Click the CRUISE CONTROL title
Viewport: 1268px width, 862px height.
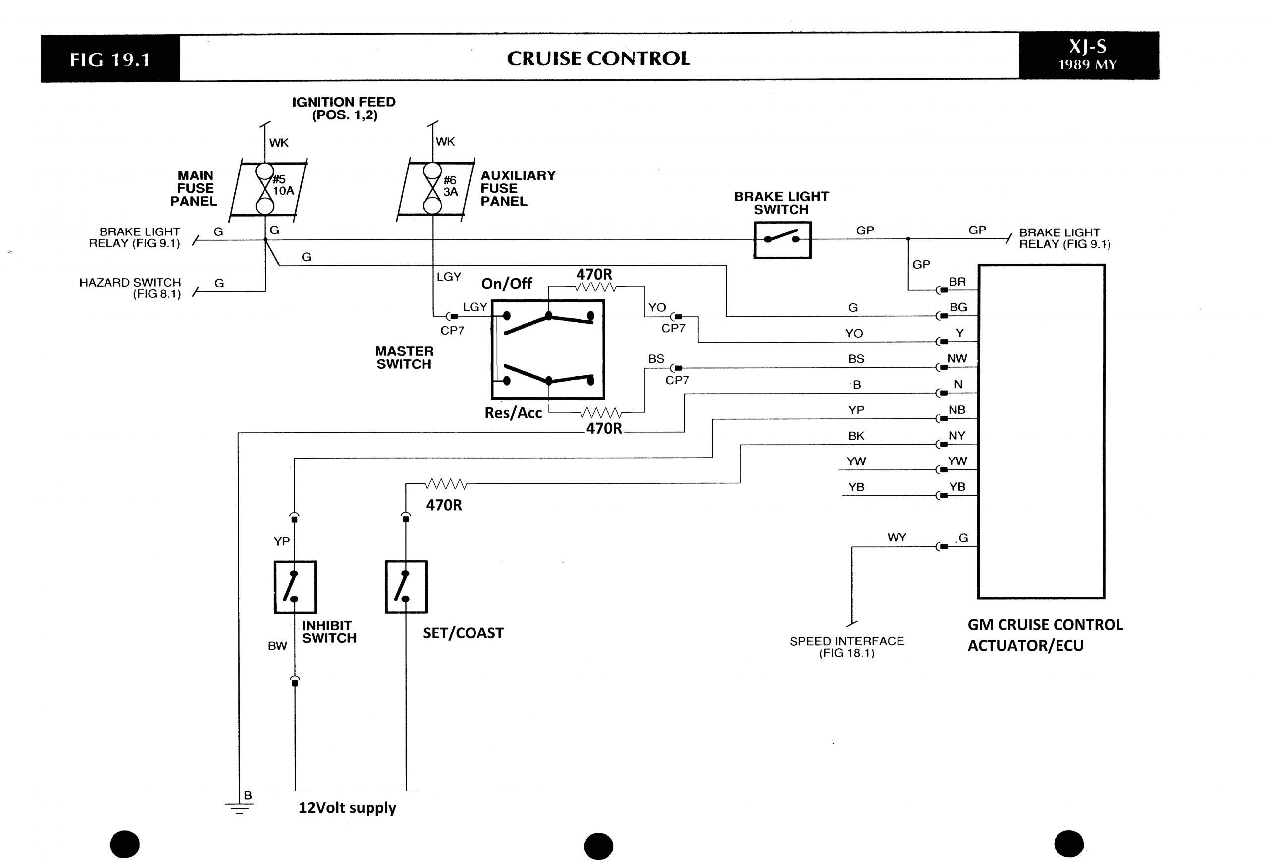(598, 58)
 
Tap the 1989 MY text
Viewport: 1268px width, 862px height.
(1087, 65)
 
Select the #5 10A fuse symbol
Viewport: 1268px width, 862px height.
(265, 189)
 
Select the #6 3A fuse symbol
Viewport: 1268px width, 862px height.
(433, 189)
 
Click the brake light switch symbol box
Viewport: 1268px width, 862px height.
(782, 239)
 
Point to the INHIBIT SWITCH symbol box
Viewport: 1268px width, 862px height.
(295, 586)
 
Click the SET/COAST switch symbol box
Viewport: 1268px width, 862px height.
(406, 586)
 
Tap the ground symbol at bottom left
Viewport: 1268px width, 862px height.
(238, 808)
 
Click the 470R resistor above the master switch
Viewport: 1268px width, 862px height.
(595, 287)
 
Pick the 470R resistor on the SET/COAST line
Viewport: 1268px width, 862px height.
(446, 484)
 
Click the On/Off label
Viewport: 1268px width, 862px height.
(506, 284)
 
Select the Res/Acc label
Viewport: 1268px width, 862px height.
(513, 413)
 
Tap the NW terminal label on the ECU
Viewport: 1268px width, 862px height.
(957, 359)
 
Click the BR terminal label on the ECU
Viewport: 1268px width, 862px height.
(957, 282)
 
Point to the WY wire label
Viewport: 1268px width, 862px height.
(897, 538)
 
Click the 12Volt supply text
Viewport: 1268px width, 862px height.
(347, 807)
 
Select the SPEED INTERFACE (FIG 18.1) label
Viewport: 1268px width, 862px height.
(846, 647)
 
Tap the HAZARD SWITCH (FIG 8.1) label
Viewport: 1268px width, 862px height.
(130, 287)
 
